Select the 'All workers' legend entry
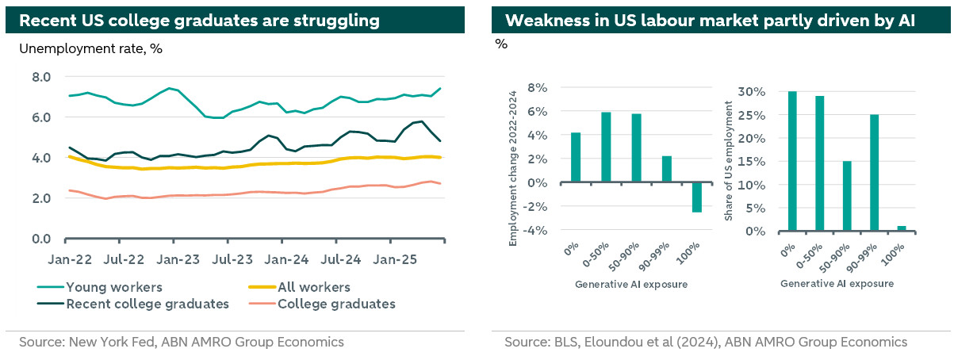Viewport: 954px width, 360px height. point(313,287)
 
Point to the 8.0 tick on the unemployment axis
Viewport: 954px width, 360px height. point(40,77)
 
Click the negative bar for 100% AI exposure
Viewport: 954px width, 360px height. point(696,197)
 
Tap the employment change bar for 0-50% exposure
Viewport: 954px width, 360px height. point(606,147)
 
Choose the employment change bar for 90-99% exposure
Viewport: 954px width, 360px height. point(666,169)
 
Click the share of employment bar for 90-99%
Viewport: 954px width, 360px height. point(873,173)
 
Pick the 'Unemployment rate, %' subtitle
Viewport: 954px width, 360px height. point(90,49)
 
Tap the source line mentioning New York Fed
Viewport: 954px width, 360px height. point(182,343)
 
